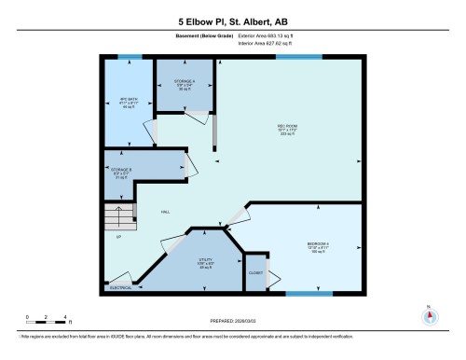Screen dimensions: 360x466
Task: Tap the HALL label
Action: (166, 212)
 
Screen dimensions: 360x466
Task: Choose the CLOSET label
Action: (255, 273)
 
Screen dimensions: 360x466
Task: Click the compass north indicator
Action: (429, 313)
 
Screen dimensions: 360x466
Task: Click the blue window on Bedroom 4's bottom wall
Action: (308, 294)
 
